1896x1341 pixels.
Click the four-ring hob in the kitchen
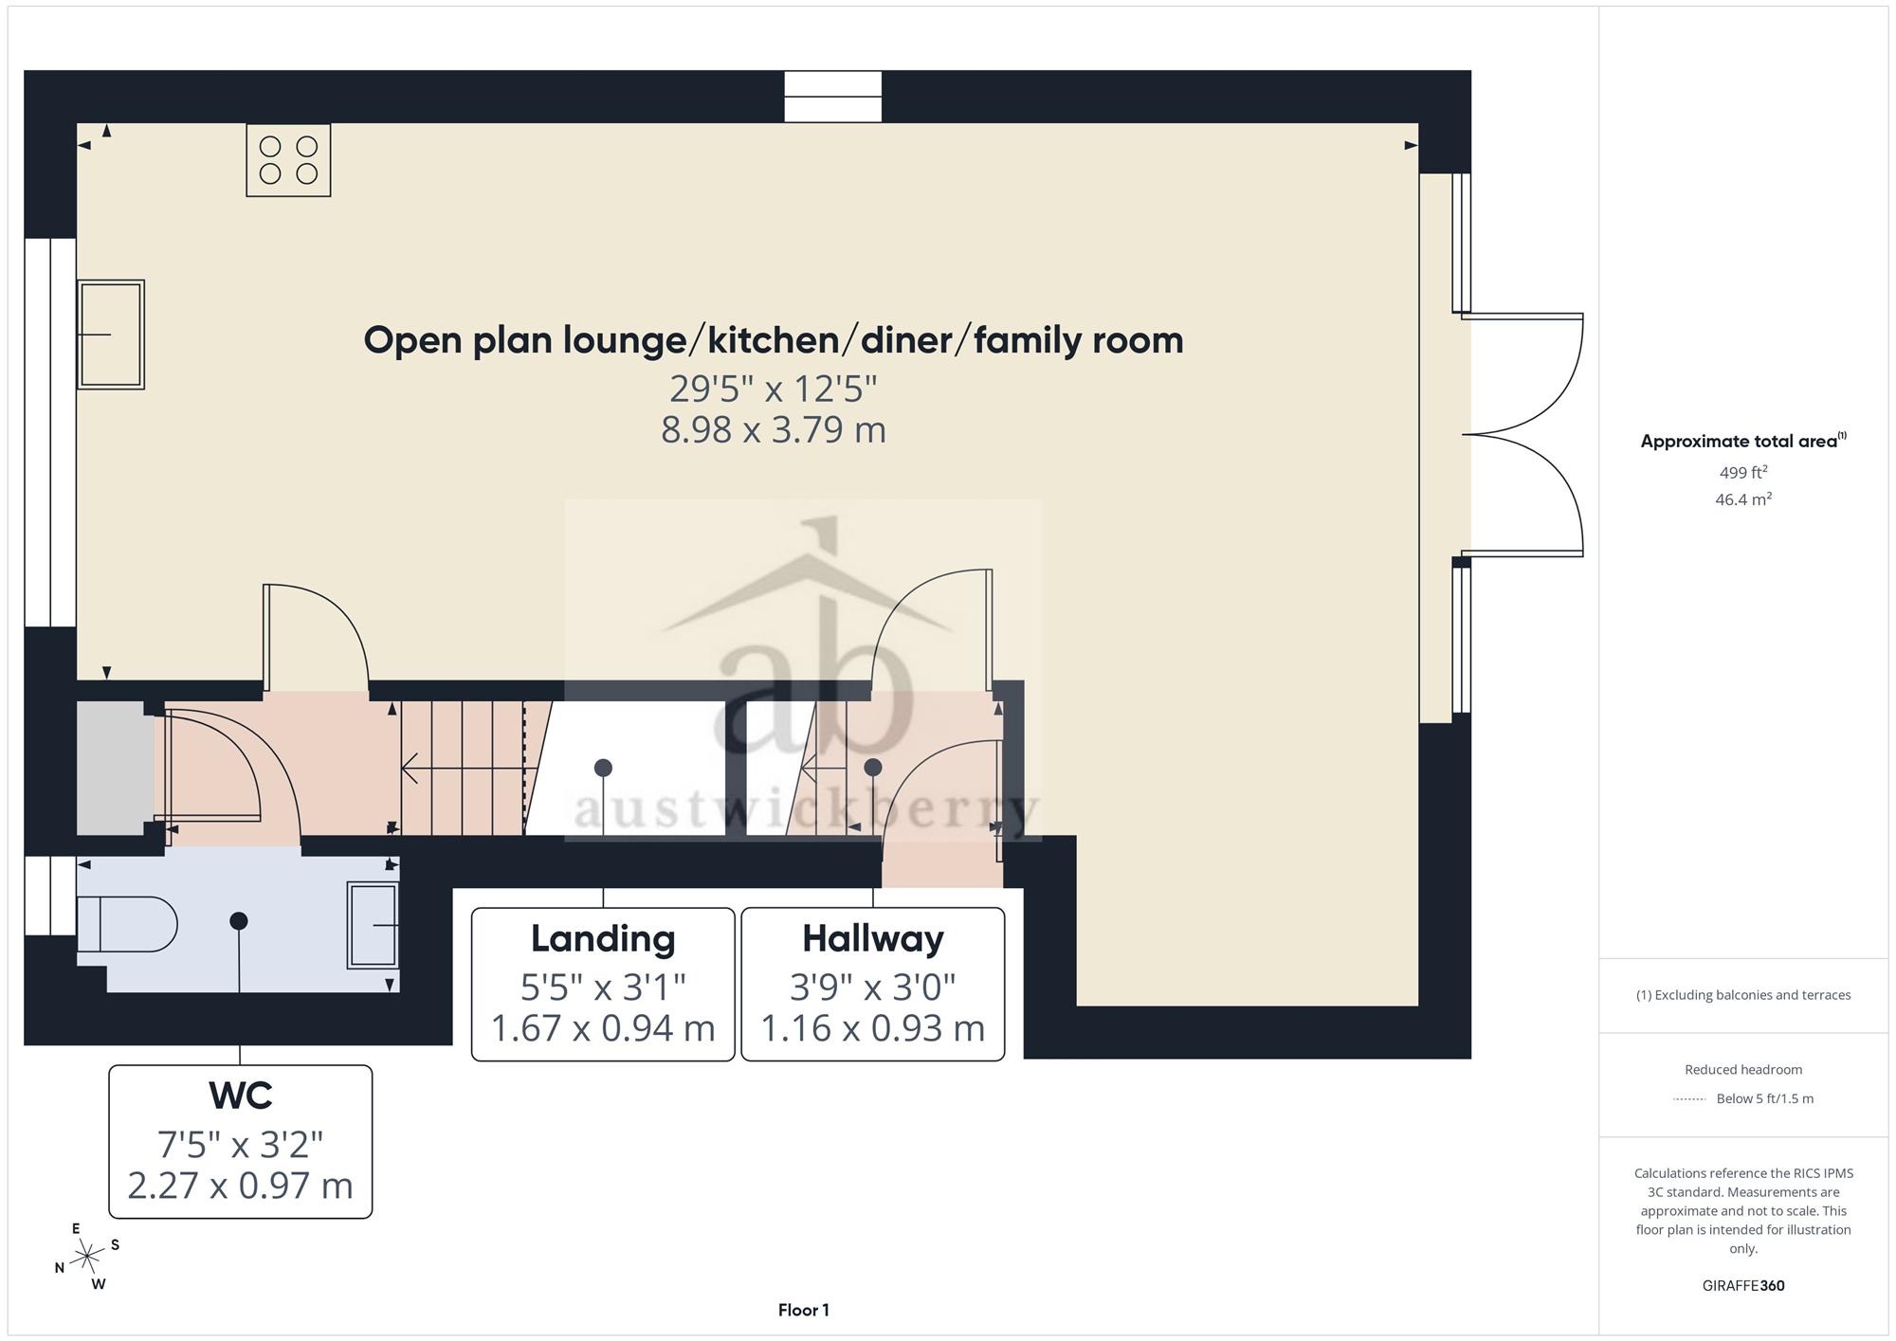click(288, 160)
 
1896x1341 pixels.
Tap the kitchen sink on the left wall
click(111, 335)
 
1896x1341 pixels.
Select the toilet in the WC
click(127, 924)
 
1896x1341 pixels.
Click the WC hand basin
click(373, 925)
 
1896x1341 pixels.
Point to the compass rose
click(87, 1257)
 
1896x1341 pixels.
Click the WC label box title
click(241, 1096)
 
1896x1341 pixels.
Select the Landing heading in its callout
click(603, 938)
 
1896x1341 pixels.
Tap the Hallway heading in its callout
click(873, 938)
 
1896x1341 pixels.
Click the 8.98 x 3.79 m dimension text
click(774, 429)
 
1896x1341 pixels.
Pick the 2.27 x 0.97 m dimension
click(240, 1186)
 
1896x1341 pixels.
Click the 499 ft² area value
click(1743, 472)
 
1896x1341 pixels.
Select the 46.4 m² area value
click(1743, 499)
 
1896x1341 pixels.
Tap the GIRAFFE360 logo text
click(1743, 1286)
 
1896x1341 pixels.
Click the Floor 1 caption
click(804, 1311)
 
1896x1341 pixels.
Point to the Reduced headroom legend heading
click(1743, 1070)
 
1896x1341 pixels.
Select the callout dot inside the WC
click(239, 920)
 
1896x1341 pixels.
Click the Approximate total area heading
click(1743, 441)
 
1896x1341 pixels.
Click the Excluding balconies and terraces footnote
click(1743, 995)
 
